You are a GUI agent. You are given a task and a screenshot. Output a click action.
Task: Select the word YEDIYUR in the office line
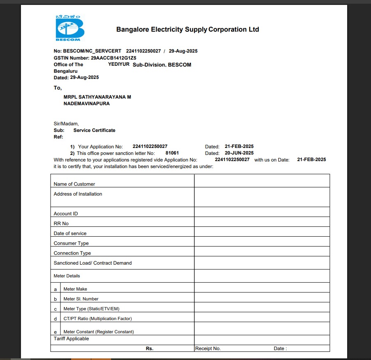point(119,65)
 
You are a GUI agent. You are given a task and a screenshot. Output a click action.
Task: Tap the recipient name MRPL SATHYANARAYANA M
point(97,97)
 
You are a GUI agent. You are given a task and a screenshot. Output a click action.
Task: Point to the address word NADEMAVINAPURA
point(86,104)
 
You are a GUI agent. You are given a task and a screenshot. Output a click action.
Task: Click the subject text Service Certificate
point(94,130)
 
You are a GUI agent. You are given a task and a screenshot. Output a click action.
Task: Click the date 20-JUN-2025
point(239,153)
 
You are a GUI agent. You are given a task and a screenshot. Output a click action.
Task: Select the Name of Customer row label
point(74,184)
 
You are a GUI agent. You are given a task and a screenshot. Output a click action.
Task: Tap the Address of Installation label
point(78,194)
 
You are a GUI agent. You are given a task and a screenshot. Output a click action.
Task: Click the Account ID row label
point(66,214)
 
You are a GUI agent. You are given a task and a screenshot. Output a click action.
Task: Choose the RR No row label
point(61,224)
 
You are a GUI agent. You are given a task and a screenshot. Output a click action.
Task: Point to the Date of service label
point(70,233)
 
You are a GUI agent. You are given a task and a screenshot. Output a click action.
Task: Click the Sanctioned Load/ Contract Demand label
point(93,263)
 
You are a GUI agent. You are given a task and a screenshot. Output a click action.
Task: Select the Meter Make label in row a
point(75,289)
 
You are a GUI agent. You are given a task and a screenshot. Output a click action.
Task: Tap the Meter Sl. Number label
point(81,299)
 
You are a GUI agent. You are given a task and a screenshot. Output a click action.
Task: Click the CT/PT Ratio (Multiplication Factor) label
point(97,319)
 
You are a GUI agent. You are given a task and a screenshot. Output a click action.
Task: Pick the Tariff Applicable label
point(71,339)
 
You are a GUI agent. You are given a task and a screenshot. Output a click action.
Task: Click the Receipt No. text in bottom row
point(208,348)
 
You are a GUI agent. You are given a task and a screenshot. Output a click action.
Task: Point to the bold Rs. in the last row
point(150,348)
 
